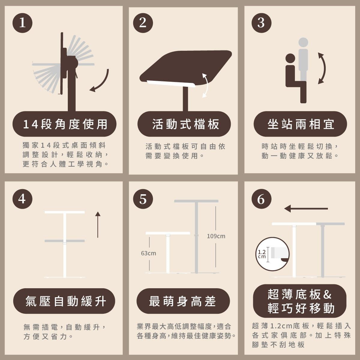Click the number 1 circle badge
point(22,23)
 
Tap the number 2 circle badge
point(143,23)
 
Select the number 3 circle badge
point(261,23)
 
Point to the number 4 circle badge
point(22,199)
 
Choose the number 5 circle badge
point(143,199)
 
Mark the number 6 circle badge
point(261,199)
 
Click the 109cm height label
point(216,236)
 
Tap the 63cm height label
point(148,253)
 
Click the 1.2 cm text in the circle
point(262,254)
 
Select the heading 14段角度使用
point(65,124)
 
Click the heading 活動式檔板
point(185,124)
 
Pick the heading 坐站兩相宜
point(301,124)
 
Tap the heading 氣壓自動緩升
point(66,301)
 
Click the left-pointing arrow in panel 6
point(306,208)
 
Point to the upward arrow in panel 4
point(98,225)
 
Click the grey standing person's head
point(303,42)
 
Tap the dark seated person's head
point(290,58)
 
